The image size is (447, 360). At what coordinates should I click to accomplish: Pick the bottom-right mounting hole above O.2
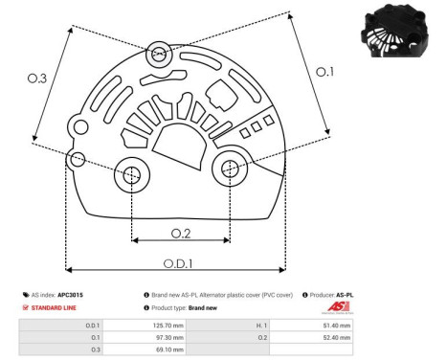point(230,169)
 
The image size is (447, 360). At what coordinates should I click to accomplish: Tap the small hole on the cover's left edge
point(78,157)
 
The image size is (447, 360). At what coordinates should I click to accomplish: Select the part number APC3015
point(72,295)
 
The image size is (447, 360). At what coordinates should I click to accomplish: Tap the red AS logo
point(340,307)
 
